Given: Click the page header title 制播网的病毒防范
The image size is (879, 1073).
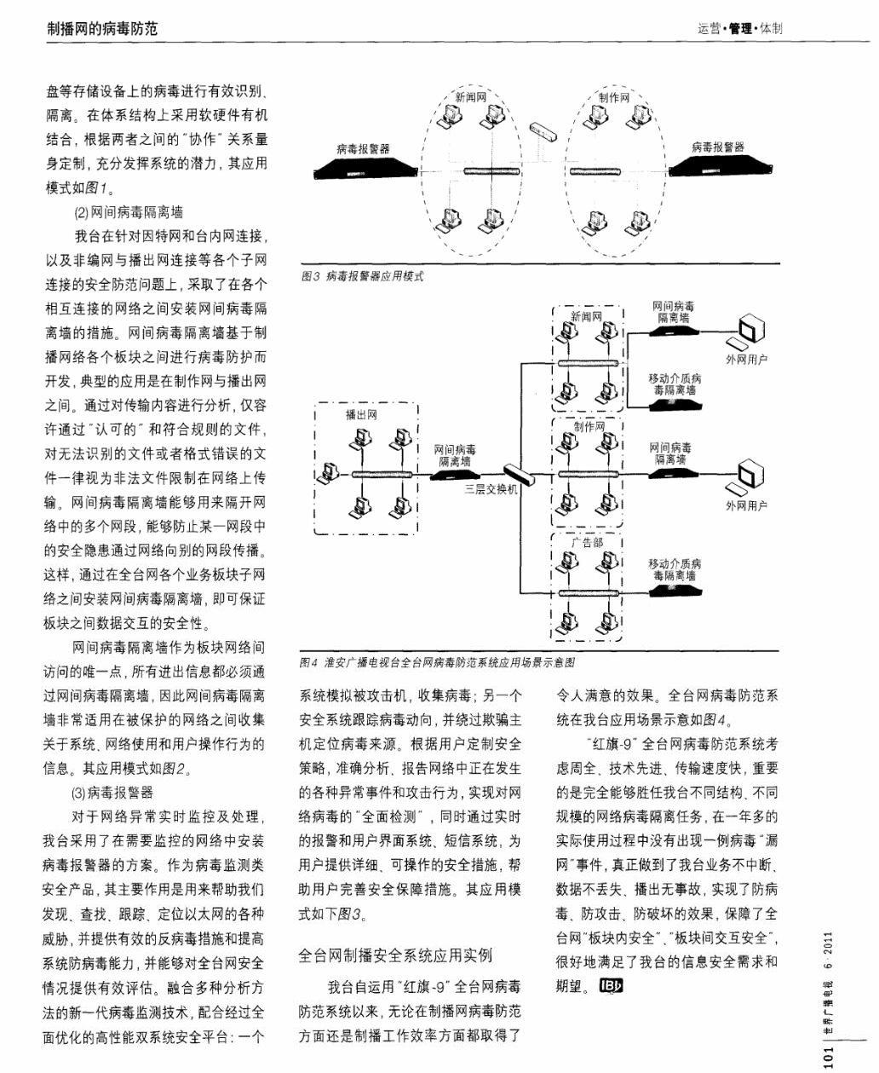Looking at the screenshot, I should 102,29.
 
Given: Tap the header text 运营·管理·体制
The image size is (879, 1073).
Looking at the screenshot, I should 738,29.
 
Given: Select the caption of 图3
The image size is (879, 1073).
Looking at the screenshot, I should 362,276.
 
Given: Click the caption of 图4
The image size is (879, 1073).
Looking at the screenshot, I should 437,662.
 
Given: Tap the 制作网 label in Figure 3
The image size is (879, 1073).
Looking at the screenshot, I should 614,97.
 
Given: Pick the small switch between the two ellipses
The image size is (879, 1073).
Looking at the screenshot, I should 542,130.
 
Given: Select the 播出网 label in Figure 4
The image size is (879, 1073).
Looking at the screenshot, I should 360,415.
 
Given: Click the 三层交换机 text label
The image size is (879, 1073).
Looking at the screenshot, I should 491,490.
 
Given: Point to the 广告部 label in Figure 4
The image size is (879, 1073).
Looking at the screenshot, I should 587,543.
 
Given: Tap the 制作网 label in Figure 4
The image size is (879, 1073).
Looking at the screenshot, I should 589,427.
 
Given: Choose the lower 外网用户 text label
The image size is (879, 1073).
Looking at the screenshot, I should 746,505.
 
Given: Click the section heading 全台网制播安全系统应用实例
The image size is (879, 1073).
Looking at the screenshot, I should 395,955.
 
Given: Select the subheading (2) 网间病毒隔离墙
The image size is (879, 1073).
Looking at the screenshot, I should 128,212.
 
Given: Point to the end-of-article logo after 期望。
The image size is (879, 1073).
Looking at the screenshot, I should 611,987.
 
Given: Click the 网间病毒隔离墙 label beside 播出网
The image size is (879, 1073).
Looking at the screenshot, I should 455,455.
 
